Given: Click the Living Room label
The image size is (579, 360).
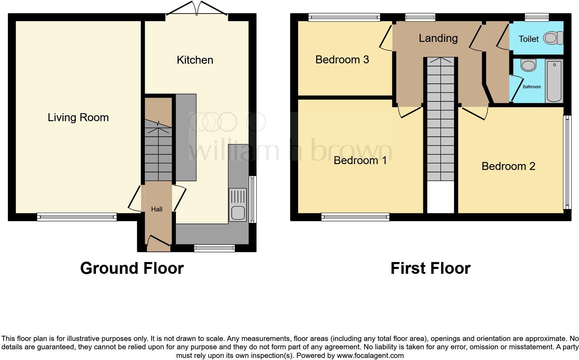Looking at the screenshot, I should coord(78,118).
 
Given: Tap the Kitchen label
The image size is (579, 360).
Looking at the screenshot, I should coord(195,60).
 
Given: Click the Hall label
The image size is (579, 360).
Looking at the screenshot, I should coord(157,209).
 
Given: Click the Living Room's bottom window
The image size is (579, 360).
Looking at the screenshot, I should coord(77,217).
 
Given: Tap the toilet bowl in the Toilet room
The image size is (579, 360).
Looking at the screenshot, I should coord(553,38).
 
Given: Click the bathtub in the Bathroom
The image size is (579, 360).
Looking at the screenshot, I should coord(554,81).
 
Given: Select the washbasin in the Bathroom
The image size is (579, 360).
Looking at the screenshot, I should coord(528,65).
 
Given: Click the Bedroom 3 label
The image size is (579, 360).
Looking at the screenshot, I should coord(342,60).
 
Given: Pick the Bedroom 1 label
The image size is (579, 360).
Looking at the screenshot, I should coord(360,160).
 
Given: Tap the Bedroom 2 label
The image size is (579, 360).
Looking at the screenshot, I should coord(508,166).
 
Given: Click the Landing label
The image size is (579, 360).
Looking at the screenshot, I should coord(438,38).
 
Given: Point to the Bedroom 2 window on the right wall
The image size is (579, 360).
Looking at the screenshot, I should coord(567,162).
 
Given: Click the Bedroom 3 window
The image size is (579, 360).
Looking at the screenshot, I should coord(344,17).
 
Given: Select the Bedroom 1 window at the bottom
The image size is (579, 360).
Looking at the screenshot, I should coord(355,217).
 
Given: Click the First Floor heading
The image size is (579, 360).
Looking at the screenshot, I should coord(430,269).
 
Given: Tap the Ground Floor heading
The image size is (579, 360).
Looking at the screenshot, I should coord(132,269).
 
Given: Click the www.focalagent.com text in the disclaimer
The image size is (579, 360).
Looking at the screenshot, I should coord(370,355).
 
